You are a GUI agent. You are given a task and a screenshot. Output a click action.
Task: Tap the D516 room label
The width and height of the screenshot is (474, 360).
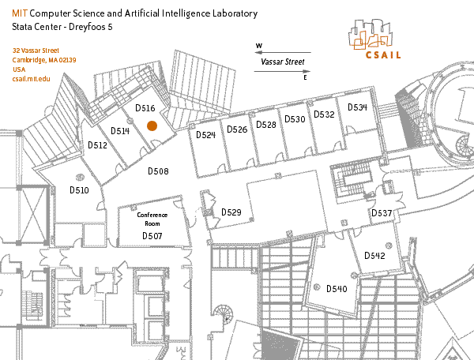pyautogui.click(x=145, y=107)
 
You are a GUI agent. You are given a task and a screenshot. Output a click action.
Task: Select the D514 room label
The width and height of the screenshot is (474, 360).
pyautogui.click(x=119, y=131)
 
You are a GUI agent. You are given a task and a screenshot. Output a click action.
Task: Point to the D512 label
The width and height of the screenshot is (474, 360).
pyautogui.click(x=97, y=145)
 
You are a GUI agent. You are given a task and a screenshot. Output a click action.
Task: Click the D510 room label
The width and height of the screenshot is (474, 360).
pyautogui.click(x=79, y=190)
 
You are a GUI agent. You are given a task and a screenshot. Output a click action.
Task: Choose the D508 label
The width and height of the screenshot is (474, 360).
pyautogui.click(x=159, y=171)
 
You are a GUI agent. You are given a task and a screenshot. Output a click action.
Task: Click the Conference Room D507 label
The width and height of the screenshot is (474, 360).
pyautogui.click(x=152, y=225)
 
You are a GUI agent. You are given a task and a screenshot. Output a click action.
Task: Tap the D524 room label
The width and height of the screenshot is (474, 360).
pyautogui.click(x=205, y=135)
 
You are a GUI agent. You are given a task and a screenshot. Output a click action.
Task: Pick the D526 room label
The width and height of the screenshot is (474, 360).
pyautogui.click(x=237, y=129)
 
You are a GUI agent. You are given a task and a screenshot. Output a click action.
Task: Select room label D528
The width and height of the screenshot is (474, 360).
pyautogui.click(x=266, y=125)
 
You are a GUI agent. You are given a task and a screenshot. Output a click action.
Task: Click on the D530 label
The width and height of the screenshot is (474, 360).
pyautogui.click(x=295, y=119)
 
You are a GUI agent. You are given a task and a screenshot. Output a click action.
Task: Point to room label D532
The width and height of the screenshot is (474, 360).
pyautogui.click(x=324, y=114)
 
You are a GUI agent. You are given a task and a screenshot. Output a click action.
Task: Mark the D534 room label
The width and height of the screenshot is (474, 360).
pyautogui.click(x=357, y=107)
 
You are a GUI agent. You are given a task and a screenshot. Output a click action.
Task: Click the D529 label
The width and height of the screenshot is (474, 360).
pyautogui.click(x=231, y=212)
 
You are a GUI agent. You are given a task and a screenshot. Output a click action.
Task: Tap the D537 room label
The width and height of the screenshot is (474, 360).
pyautogui.click(x=382, y=214)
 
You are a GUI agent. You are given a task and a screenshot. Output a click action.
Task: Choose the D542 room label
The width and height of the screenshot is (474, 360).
pyautogui.click(x=374, y=256)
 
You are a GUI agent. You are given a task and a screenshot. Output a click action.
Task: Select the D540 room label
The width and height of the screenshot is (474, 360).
pyautogui.click(x=337, y=289)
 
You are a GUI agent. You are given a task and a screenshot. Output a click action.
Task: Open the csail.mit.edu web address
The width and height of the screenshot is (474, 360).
pyautogui.click(x=32, y=80)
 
